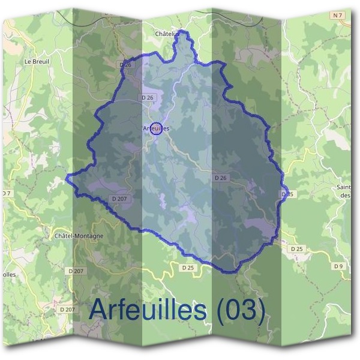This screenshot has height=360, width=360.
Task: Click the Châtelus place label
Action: tap(167, 34)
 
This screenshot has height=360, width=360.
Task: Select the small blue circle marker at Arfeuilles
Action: tap(156, 128)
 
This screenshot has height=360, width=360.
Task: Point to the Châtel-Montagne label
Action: tap(79, 236)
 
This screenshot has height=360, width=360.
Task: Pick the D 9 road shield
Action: tap(338, 266)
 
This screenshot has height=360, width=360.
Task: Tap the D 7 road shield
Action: tap(6, 193)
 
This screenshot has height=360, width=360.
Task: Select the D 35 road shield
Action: tap(287, 194)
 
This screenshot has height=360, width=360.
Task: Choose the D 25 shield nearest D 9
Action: tap(296, 248)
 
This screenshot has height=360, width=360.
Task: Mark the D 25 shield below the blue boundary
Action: tap(188, 268)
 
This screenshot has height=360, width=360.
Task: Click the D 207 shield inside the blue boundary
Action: tap(119, 198)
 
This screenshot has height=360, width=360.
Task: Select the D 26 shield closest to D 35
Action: tap(220, 178)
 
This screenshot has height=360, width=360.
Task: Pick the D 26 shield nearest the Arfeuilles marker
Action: tap(147, 97)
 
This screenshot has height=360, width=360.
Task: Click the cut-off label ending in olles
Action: tap(10, 274)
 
